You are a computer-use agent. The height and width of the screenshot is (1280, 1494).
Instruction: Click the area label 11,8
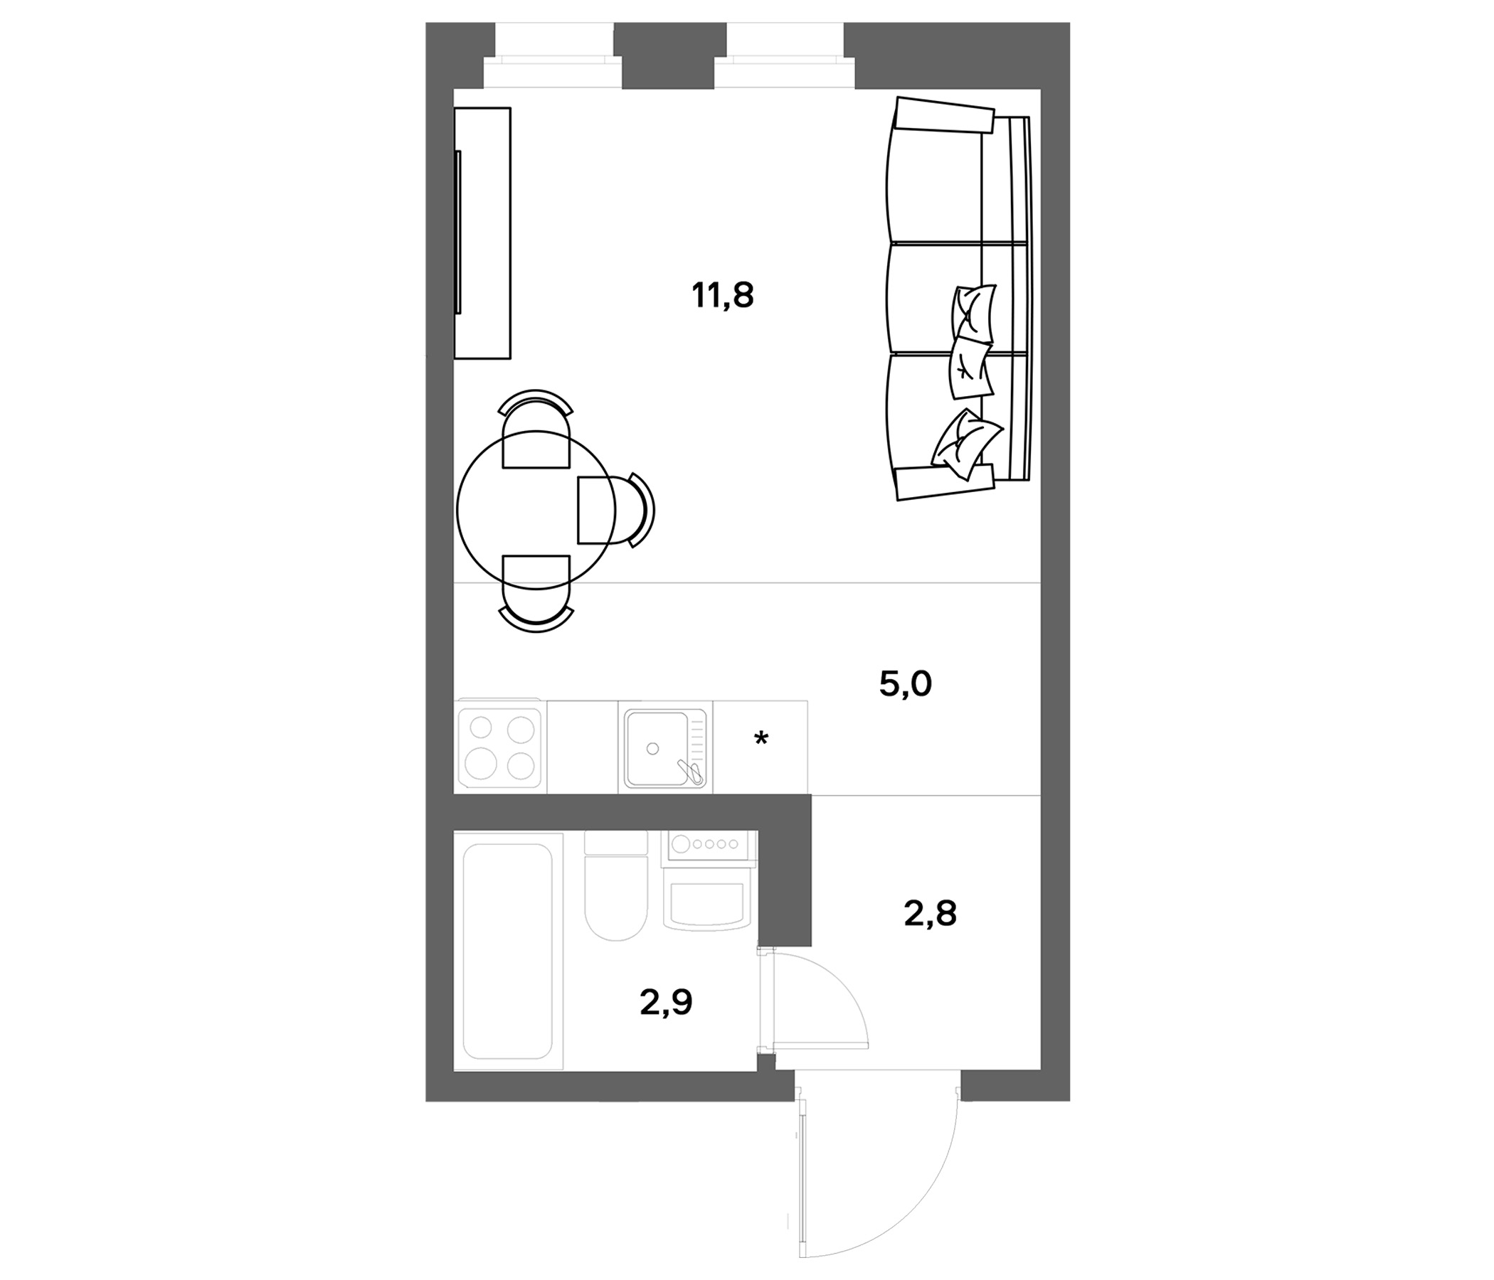723,297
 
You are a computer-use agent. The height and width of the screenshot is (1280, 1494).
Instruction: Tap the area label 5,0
906,685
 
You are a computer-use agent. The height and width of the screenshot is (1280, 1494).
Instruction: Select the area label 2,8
930,914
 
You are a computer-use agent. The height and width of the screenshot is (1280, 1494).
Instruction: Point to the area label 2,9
666,1003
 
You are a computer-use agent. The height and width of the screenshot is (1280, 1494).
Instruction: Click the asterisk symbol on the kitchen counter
761,739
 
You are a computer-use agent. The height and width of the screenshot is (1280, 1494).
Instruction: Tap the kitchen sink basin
656,749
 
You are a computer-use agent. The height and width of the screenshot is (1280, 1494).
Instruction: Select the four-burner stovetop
500,747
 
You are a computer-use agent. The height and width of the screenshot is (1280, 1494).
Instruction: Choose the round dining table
536,510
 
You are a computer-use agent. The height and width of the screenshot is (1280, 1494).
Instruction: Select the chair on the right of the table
617,510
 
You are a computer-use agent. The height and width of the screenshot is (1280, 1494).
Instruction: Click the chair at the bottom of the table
536,593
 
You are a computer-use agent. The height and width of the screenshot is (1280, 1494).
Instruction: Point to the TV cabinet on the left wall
482,233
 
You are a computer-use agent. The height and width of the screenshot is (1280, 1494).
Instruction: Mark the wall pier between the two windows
669,55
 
